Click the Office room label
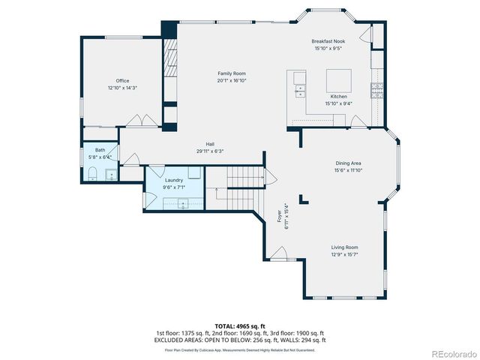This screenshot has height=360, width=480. click(122, 80)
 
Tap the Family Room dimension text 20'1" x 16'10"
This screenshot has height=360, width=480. click(232, 80)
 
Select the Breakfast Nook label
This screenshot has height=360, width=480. click(328, 41)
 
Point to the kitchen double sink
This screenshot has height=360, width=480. click(300, 84)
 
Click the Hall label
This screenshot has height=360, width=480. click(211, 144)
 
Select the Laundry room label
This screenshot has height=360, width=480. click(174, 180)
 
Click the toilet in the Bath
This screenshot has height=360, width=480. click(91, 175)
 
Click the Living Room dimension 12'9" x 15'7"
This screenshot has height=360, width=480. click(345, 254)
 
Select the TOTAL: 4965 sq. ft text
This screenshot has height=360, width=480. click(240, 326)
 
